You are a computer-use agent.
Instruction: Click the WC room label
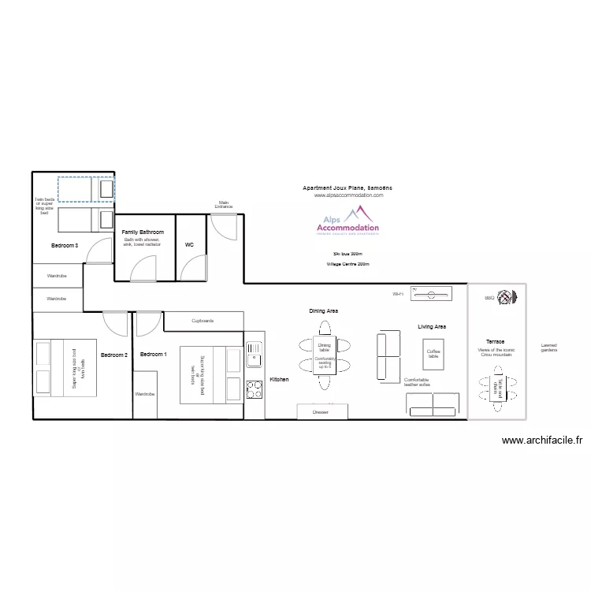[189, 245]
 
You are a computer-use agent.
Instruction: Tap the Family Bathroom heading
[143, 232]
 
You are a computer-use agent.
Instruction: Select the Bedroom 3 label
[65, 246]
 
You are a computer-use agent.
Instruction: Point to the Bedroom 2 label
[113, 355]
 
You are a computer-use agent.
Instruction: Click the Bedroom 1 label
[153, 355]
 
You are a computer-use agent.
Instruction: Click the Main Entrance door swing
[224, 228]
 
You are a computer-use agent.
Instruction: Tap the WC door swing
[194, 269]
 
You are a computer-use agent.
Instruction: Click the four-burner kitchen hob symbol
[255, 388]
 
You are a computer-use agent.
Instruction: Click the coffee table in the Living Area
[433, 354]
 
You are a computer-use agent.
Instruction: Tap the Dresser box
[320, 411]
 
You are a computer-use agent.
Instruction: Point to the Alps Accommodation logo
[348, 221]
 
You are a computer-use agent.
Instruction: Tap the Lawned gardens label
[548, 348]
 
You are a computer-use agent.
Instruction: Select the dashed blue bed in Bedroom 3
[85, 189]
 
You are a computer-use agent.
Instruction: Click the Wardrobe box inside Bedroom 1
[144, 393]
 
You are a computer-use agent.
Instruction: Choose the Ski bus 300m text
[348, 253]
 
